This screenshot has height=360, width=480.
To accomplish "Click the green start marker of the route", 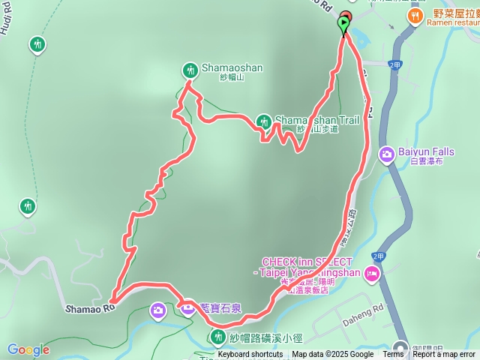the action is [344, 25].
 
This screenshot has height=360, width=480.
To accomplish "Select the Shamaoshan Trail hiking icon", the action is [263, 121].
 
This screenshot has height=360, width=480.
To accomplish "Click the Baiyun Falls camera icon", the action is [387, 154].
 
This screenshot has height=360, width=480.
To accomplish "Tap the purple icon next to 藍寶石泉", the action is [187, 306].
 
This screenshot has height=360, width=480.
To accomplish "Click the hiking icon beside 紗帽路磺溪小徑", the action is [217, 335].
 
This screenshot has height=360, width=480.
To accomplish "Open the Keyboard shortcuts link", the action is [250, 355].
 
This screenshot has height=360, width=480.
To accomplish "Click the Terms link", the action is [393, 355].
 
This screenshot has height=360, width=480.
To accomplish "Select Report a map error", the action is [444, 355].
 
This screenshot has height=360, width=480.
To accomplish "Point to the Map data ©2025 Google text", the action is [333, 355].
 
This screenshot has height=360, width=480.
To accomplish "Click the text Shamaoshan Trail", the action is [307, 119].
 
